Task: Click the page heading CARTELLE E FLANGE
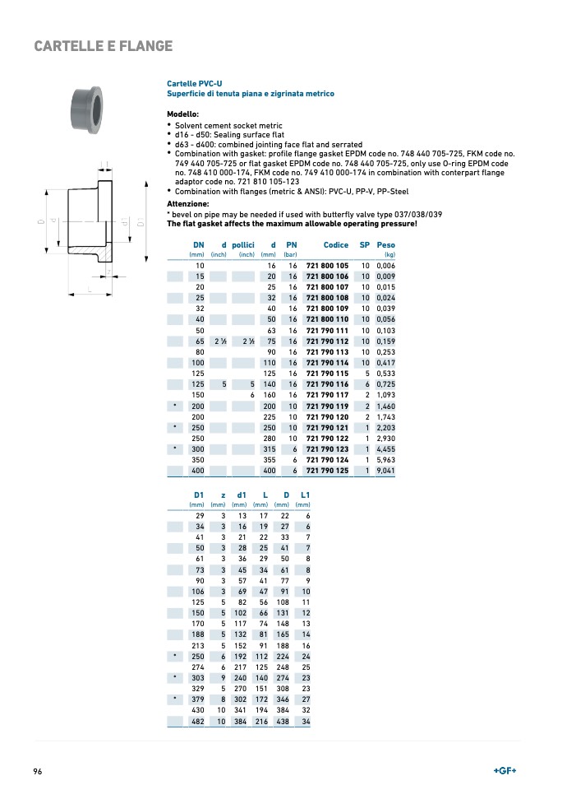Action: [x=104, y=46]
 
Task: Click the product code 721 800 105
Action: [x=327, y=266]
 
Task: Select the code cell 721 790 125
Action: [x=327, y=471]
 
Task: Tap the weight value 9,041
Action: [x=385, y=471]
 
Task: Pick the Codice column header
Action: [x=335, y=245]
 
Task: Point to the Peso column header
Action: [x=385, y=245]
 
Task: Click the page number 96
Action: [x=38, y=771]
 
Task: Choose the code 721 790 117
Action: [x=327, y=395]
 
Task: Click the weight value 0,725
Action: [x=385, y=384]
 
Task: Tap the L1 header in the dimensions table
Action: [x=305, y=495]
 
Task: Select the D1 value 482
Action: [x=198, y=722]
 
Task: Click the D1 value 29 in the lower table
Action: [x=200, y=515]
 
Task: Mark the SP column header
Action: [x=365, y=245]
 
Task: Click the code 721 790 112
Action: [x=327, y=341]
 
